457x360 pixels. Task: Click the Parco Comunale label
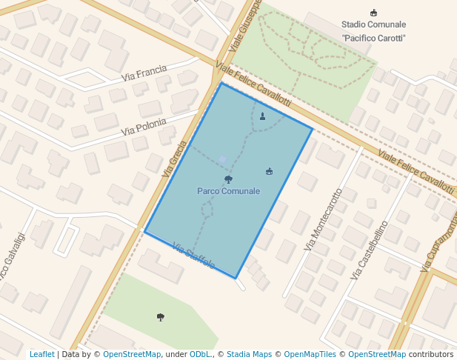(228, 191)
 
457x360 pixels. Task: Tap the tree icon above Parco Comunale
(228, 179)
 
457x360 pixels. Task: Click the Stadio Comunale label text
(374, 24)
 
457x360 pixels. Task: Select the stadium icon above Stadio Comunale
(373, 12)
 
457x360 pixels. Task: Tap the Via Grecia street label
(175, 159)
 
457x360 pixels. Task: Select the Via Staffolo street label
(193, 256)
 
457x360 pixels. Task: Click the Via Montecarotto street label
(324, 218)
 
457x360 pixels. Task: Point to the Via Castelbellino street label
(369, 250)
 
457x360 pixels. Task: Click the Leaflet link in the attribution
(41, 354)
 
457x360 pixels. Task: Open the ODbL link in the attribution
(199, 354)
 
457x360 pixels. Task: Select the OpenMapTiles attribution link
(311, 354)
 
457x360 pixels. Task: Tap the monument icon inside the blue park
(262, 116)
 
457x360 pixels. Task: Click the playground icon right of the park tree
(269, 172)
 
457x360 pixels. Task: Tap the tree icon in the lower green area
(161, 317)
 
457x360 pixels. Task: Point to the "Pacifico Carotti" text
(374, 38)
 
